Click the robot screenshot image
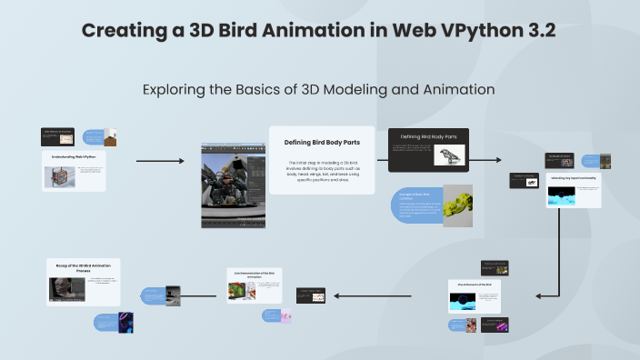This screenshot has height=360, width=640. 231,185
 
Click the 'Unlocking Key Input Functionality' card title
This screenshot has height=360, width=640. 573,177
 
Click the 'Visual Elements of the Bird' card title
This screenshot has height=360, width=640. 475,285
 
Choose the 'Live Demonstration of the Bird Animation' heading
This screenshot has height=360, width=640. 259,273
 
